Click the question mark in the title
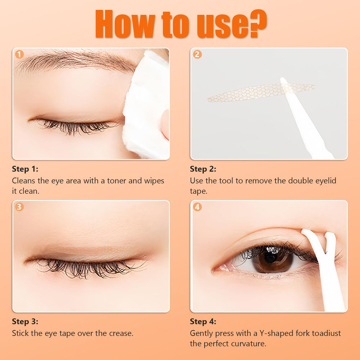pyautogui.click(x=258, y=23)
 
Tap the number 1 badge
pyautogui.click(x=19, y=54)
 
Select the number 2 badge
pyautogui.click(x=197, y=54)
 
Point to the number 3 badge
pyautogui.click(x=19, y=207)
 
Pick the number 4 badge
pyautogui.click(x=197, y=207)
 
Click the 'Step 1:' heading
pyautogui.click(x=25, y=169)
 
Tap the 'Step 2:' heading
pyautogui.click(x=203, y=169)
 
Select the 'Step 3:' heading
pyautogui.click(x=25, y=321)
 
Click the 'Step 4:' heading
pyautogui.click(x=203, y=321)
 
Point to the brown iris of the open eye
pyautogui.click(x=272, y=260)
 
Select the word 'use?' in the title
pyautogui.click(x=232, y=24)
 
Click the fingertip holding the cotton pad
pyautogui.click(x=165, y=124)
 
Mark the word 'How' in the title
pyautogui.click(x=125, y=24)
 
